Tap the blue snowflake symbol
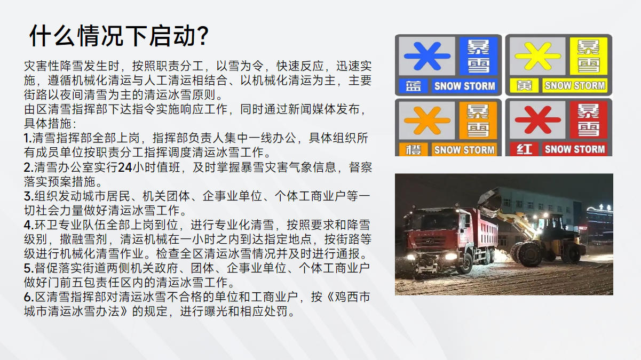pos(427,56)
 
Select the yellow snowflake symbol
pos(537,56)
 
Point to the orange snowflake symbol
pos(427,121)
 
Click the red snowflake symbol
pos(537,120)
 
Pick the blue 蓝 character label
pos(413,86)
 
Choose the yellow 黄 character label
pos(524,85)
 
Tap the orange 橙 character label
pos(413,149)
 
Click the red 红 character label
pos(524,149)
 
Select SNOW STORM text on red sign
pos(575,149)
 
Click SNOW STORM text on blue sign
pos(464,86)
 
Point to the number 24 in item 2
pos(125,167)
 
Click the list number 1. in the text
pos(28,138)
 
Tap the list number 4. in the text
pos(29,225)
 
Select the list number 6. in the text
pos(29,298)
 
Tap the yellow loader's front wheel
pos(529,254)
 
